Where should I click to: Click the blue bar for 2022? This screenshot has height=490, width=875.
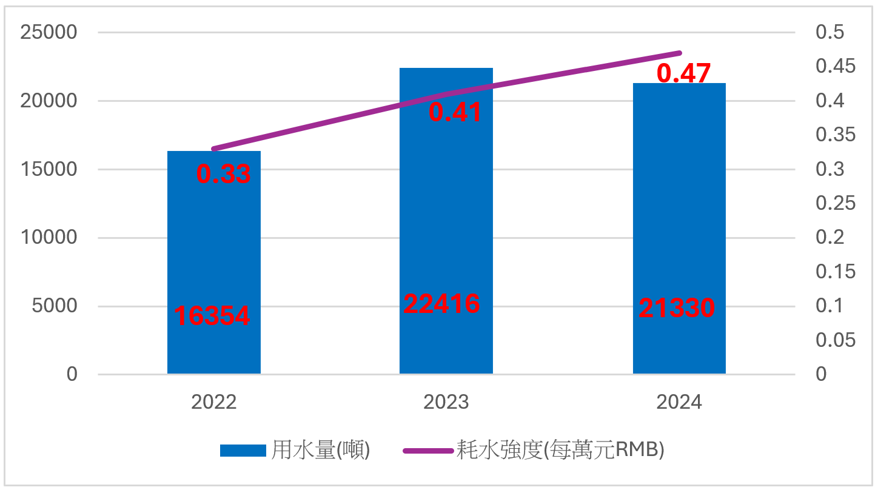pyautogui.click(x=213, y=255)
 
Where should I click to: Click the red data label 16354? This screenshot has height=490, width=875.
pyautogui.click(x=212, y=315)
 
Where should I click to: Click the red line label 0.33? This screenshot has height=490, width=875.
pyautogui.click(x=223, y=174)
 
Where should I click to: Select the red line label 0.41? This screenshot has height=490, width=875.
pyautogui.click(x=455, y=112)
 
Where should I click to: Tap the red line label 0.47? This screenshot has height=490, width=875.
pyautogui.click(x=683, y=73)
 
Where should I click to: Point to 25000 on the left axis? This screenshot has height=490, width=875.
pyautogui.click(x=49, y=32)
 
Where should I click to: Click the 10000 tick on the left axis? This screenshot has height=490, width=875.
pyautogui.click(x=49, y=237)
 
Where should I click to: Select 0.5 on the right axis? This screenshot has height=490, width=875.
pyautogui.click(x=830, y=32)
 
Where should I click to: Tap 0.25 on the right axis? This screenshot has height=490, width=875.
pyautogui.click(x=835, y=203)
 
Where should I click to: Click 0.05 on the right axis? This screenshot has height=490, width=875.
pyautogui.click(x=835, y=340)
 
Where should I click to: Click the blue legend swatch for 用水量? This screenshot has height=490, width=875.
pyautogui.click(x=243, y=451)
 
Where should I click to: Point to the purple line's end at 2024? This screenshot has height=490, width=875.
pyautogui.click(x=680, y=53)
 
